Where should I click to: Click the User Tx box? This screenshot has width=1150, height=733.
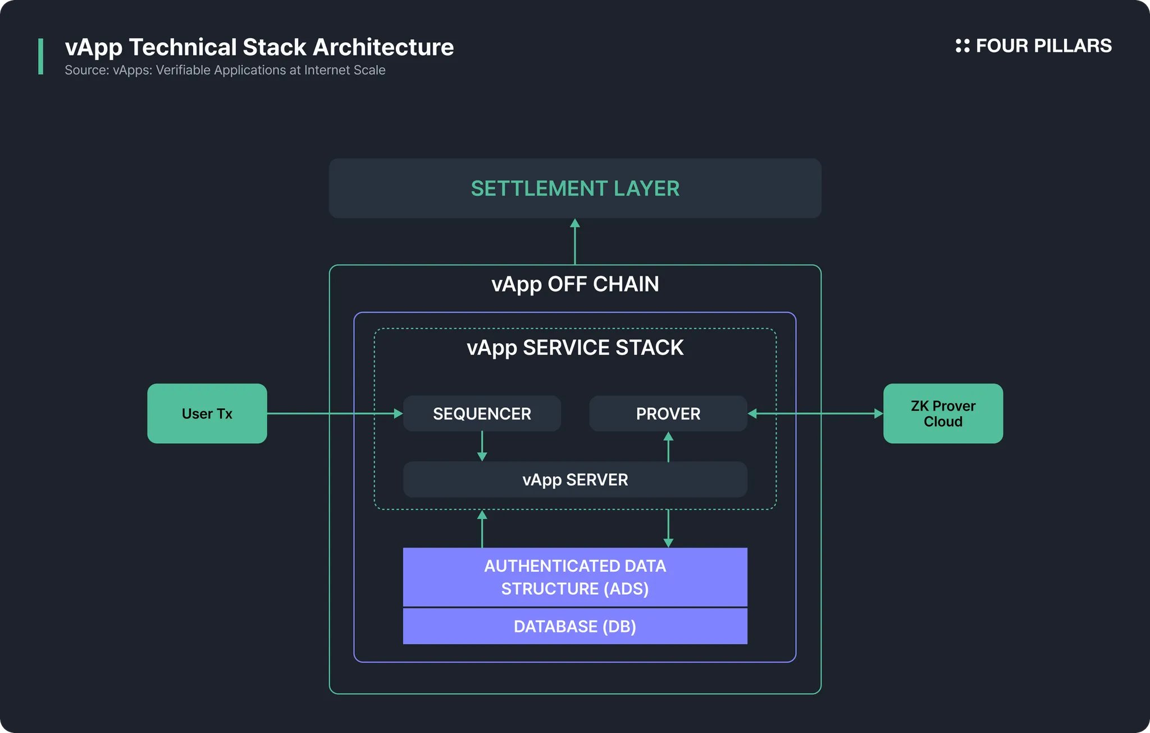coord(207,413)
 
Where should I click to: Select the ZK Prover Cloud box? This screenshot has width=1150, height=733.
coord(943,413)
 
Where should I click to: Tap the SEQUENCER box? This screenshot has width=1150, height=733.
coord(482,413)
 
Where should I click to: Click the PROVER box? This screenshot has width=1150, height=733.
coord(668,413)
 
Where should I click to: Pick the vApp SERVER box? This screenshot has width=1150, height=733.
coord(575,480)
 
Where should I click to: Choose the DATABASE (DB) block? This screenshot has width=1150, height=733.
coord(575,626)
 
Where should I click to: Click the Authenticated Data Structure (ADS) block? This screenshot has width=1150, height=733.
coord(575,577)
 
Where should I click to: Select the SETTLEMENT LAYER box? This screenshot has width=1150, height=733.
coord(575,188)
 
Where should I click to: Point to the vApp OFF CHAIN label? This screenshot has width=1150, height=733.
coord(575,284)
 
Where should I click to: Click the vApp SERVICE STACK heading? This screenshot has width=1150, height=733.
coord(575,348)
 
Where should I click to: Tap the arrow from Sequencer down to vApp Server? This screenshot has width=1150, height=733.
coord(482,447)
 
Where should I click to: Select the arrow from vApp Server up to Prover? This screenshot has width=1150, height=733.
coord(668,447)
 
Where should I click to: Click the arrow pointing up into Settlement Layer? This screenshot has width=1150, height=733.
coord(575,242)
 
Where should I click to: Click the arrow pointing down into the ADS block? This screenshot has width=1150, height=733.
coord(668,529)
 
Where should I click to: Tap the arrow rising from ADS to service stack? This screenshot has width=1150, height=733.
coord(482,529)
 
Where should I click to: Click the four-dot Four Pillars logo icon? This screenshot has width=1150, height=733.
coord(962,46)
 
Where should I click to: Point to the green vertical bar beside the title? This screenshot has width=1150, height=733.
coord(40,56)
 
